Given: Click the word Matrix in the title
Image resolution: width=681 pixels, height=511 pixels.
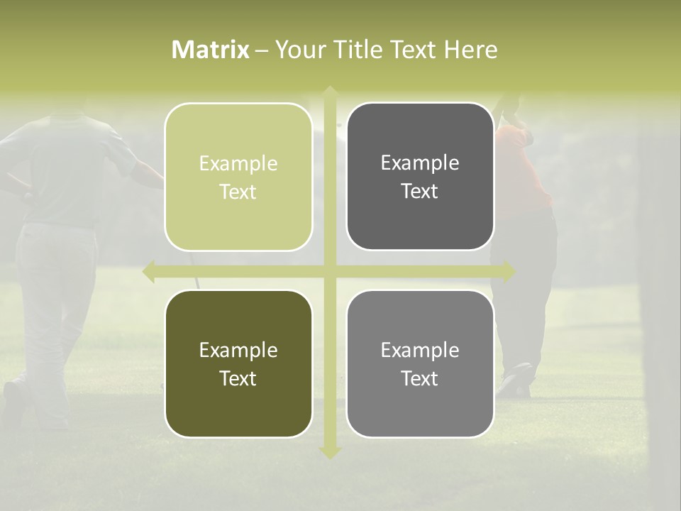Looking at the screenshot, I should coord(211,50).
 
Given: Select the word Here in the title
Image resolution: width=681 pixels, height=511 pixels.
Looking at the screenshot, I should coord(471,50).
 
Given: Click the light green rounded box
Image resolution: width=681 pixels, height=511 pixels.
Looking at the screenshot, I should coord(238,177).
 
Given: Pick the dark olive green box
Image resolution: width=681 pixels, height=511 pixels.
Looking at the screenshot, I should coord(238,363).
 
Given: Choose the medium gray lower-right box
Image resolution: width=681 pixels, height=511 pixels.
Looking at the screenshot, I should coord(420,363).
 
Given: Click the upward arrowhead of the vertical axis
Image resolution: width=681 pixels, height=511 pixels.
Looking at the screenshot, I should coord(330,93).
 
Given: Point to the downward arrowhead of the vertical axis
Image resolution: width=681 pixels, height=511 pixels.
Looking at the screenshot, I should coord(330,451).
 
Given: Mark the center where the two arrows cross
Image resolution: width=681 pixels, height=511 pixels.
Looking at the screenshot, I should coord(330,272).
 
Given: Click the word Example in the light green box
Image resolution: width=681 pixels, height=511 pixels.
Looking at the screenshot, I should coord(238,164).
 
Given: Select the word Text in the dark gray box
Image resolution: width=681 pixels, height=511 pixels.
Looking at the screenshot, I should coord(420,191).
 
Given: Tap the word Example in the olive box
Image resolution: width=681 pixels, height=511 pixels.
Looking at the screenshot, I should coord(238,350).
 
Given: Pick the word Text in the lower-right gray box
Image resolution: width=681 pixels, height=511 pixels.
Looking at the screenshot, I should coord(420,378).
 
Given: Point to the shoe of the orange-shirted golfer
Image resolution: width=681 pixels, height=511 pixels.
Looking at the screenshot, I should coord(516,380).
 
